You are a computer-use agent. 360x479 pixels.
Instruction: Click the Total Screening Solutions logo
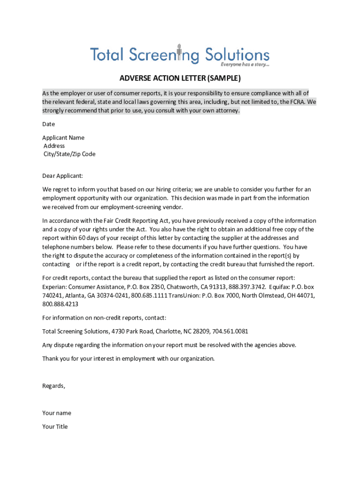pos(180,55)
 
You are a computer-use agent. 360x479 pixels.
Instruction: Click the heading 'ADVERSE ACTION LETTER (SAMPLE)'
pos(180,78)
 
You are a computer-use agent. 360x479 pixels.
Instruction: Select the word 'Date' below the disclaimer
pos(49,124)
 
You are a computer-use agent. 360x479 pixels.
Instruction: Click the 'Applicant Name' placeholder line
pos(63,138)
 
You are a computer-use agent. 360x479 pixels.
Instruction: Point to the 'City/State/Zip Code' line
pos(69,154)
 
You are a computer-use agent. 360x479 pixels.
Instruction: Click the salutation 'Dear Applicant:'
pos(63,176)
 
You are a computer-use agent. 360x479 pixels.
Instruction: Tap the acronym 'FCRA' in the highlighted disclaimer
pos(298,102)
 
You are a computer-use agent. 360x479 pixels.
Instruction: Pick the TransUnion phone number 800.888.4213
pos(60,304)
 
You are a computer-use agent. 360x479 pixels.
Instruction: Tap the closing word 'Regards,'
pos(54,386)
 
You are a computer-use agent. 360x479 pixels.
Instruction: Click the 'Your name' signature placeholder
pos(57,414)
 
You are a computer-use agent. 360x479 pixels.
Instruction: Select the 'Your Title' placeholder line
pos(55,427)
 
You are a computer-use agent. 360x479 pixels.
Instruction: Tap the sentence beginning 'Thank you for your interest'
pos(129,359)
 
